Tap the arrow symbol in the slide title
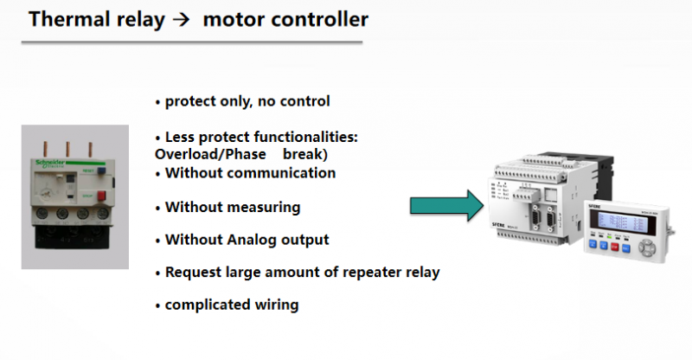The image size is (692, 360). pyautogui.click(x=179, y=19)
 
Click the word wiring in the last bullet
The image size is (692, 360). pyautogui.click(x=278, y=305)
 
